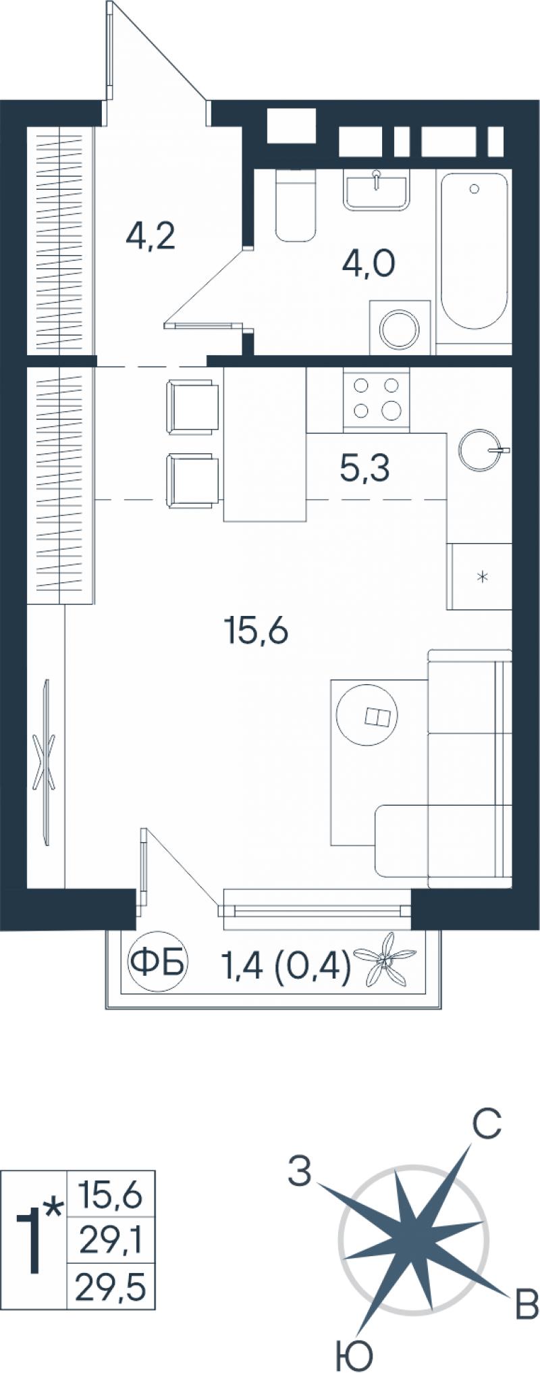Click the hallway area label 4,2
click(151, 237)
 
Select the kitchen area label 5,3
click(364, 468)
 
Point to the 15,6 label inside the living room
click(256, 631)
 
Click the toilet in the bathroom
click(296, 205)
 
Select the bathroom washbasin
click(377, 189)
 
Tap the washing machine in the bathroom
click(400, 328)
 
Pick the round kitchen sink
click(480, 448)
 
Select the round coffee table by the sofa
click(368, 715)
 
